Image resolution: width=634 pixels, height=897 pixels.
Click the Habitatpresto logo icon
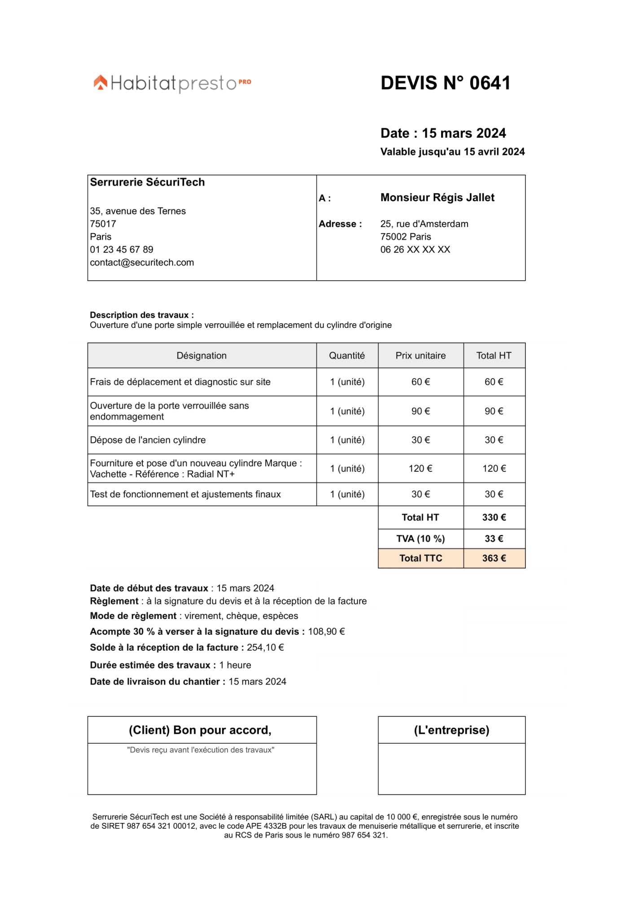(x=101, y=83)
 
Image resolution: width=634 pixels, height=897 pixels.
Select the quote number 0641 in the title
(x=490, y=83)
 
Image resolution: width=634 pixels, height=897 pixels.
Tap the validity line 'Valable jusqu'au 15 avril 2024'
(x=452, y=152)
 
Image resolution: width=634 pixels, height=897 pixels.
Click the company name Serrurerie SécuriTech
(x=147, y=183)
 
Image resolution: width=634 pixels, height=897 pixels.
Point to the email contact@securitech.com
(x=142, y=263)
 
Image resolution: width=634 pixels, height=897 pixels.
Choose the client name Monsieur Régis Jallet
(x=437, y=198)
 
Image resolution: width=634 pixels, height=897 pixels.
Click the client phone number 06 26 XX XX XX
(x=415, y=250)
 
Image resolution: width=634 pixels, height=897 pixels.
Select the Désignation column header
(x=201, y=356)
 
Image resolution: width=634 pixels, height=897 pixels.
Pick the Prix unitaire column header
(x=420, y=356)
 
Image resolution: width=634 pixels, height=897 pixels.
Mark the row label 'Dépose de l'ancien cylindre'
(x=148, y=440)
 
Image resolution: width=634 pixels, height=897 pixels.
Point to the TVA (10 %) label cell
(x=420, y=539)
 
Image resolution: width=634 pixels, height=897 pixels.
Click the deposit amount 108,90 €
(x=326, y=632)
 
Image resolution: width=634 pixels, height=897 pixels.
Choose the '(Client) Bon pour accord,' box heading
(x=200, y=731)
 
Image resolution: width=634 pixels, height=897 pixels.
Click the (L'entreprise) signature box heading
(x=451, y=731)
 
